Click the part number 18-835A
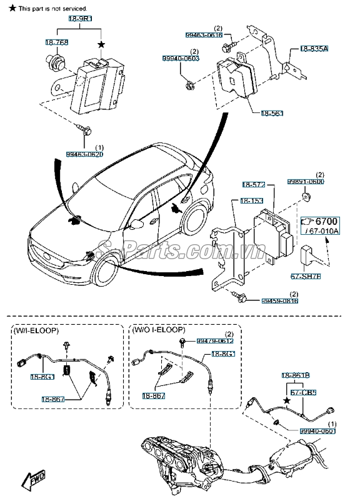click(314, 49)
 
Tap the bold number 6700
click(324, 222)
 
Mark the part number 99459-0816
click(280, 300)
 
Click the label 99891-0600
click(306, 182)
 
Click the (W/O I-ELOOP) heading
click(159, 329)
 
